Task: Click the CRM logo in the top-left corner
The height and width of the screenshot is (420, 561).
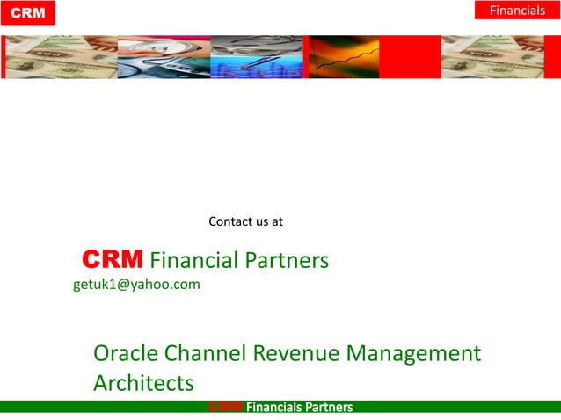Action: (27, 13)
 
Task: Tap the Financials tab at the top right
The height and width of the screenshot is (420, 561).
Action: (517, 11)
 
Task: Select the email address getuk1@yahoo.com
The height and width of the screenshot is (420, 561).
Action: (136, 284)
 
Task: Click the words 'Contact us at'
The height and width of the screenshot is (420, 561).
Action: (245, 221)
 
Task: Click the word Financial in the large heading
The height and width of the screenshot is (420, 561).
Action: (194, 260)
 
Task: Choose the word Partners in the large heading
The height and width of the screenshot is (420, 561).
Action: (287, 260)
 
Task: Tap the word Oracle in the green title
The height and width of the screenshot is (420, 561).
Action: (125, 354)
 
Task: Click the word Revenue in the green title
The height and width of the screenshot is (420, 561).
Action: (296, 354)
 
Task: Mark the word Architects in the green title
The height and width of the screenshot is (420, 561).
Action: (143, 383)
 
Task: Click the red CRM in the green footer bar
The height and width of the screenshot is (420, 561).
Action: (226, 407)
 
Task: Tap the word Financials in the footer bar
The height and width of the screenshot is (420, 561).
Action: (274, 407)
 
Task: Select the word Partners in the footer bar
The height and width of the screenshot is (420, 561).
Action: (329, 407)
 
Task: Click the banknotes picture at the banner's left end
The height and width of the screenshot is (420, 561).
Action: (61, 57)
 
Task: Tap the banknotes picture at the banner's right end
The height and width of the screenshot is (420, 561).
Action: (492, 57)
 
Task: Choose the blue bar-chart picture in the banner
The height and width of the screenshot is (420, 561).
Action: (257, 57)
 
